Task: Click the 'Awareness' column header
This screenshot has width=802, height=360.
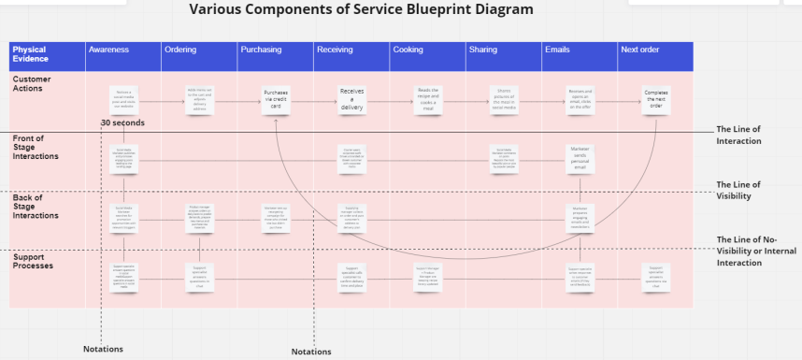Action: [108, 50]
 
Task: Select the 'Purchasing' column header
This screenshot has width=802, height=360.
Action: [261, 50]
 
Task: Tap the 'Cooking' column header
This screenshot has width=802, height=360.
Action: [408, 50]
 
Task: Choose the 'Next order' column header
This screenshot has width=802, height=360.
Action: [640, 50]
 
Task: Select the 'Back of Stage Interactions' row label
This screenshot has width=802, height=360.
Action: [36, 208]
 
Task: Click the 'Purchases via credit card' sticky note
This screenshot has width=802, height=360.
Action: [277, 99]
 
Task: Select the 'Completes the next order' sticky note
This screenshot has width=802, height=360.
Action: [657, 99]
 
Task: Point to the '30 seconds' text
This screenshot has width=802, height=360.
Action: [122, 123]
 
